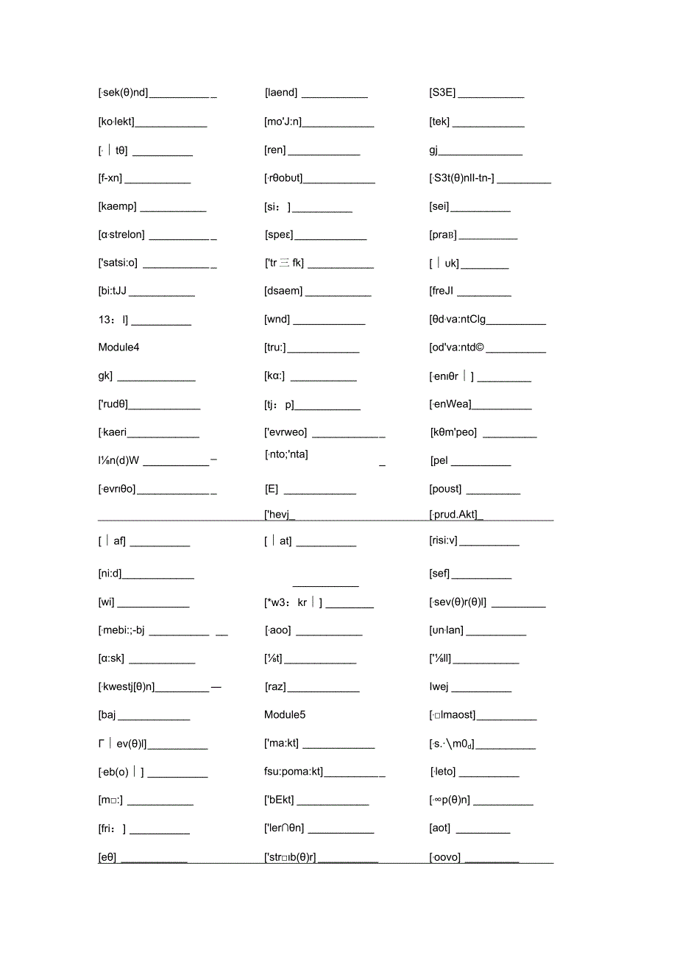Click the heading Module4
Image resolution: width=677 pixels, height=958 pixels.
[118, 347]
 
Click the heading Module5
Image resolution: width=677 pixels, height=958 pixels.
[285, 714]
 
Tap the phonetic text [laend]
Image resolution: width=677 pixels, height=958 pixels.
[281, 92]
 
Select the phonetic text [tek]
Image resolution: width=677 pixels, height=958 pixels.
[439, 121]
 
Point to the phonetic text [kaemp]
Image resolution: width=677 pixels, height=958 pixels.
[117, 206]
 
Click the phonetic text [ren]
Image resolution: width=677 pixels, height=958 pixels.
[274, 149]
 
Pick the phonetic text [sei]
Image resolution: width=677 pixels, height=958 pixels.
[439, 206]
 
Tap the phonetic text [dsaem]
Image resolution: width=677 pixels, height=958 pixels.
[283, 291]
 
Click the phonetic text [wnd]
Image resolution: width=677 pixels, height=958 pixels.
[277, 320]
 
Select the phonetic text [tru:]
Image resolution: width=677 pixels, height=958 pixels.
[275, 348]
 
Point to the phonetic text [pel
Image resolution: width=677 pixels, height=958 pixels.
[439, 461]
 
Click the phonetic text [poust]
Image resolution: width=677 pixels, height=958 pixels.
[445, 489]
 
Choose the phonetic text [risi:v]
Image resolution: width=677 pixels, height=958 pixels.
[443, 540]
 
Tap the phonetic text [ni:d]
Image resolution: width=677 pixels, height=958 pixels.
[110, 574]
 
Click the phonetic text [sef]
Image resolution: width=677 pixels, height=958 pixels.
[439, 574]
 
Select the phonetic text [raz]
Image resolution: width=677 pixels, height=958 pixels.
[275, 686]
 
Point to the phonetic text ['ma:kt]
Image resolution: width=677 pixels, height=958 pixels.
[282, 743]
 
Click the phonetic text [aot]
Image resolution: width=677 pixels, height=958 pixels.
[440, 828]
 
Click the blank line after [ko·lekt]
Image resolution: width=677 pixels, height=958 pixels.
[171, 126]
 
